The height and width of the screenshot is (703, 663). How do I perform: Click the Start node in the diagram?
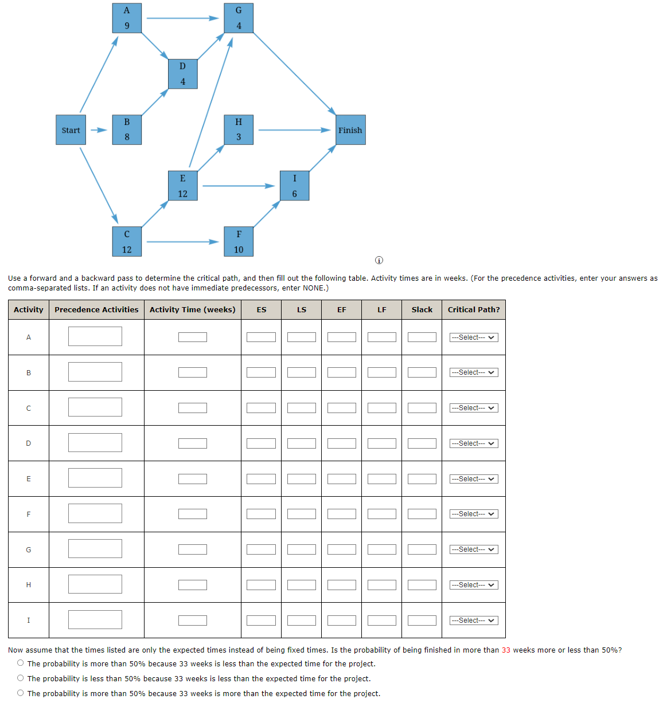point(71,130)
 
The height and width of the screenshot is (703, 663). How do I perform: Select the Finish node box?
point(350,130)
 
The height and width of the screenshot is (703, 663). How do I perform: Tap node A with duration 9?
point(127,18)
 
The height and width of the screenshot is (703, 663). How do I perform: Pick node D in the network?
point(182,74)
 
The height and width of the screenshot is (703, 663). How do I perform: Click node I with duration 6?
point(294,186)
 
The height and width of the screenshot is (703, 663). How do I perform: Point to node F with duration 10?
point(239,241)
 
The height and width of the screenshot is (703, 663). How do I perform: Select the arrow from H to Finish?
point(294,130)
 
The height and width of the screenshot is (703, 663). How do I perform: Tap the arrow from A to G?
point(182,18)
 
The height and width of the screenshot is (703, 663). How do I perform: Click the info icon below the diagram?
point(379,261)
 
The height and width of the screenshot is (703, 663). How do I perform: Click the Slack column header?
point(422,310)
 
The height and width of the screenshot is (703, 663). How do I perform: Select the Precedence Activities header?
point(96,310)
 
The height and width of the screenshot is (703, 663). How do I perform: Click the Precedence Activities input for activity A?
point(95,336)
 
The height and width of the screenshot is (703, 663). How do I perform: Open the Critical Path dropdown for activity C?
point(474,408)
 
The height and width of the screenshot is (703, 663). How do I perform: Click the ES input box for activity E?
point(261,479)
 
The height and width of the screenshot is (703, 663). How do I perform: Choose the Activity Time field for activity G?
point(192,549)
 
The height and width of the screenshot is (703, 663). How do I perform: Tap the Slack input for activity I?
point(422,620)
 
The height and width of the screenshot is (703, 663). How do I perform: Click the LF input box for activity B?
point(381,372)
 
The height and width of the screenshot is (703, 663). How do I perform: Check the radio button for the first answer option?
point(21,663)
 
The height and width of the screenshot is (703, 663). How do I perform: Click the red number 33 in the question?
point(506,650)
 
